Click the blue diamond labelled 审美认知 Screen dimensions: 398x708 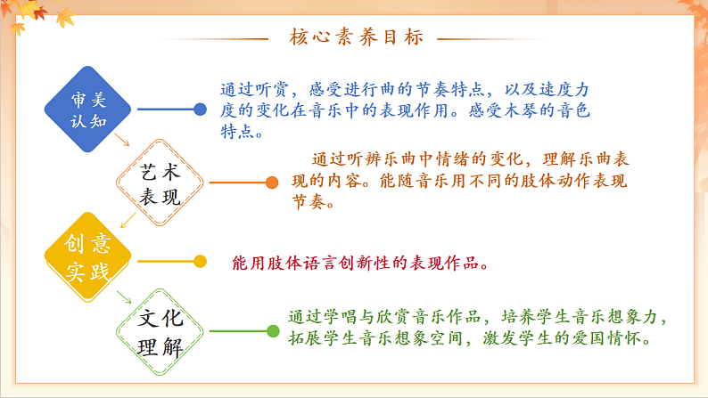[x=87, y=109]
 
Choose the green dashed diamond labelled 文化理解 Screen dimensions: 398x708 [x=161, y=332]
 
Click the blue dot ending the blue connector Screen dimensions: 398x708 [x=200, y=110]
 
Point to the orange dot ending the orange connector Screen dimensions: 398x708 [x=272, y=183]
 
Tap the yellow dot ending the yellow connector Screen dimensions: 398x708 [x=200, y=261]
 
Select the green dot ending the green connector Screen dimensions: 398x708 [x=272, y=331]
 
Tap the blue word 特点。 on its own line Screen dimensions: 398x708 [x=242, y=134]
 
